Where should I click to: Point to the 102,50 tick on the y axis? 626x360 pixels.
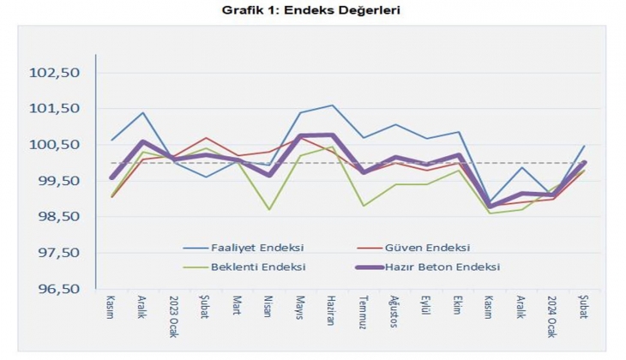54,73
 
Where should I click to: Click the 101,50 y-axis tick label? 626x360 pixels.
54,109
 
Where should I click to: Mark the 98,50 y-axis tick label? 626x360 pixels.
54,217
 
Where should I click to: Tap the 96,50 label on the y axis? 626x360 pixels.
54,289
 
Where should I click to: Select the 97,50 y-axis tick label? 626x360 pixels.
54,253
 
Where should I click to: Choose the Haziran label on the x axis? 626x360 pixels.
331,310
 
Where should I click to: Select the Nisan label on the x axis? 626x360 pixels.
269,307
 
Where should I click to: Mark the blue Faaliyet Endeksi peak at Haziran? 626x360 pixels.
332,105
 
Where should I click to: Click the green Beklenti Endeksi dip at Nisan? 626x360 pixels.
269,209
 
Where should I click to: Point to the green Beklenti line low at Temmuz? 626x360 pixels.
364,206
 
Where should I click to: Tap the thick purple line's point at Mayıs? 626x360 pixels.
300,136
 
